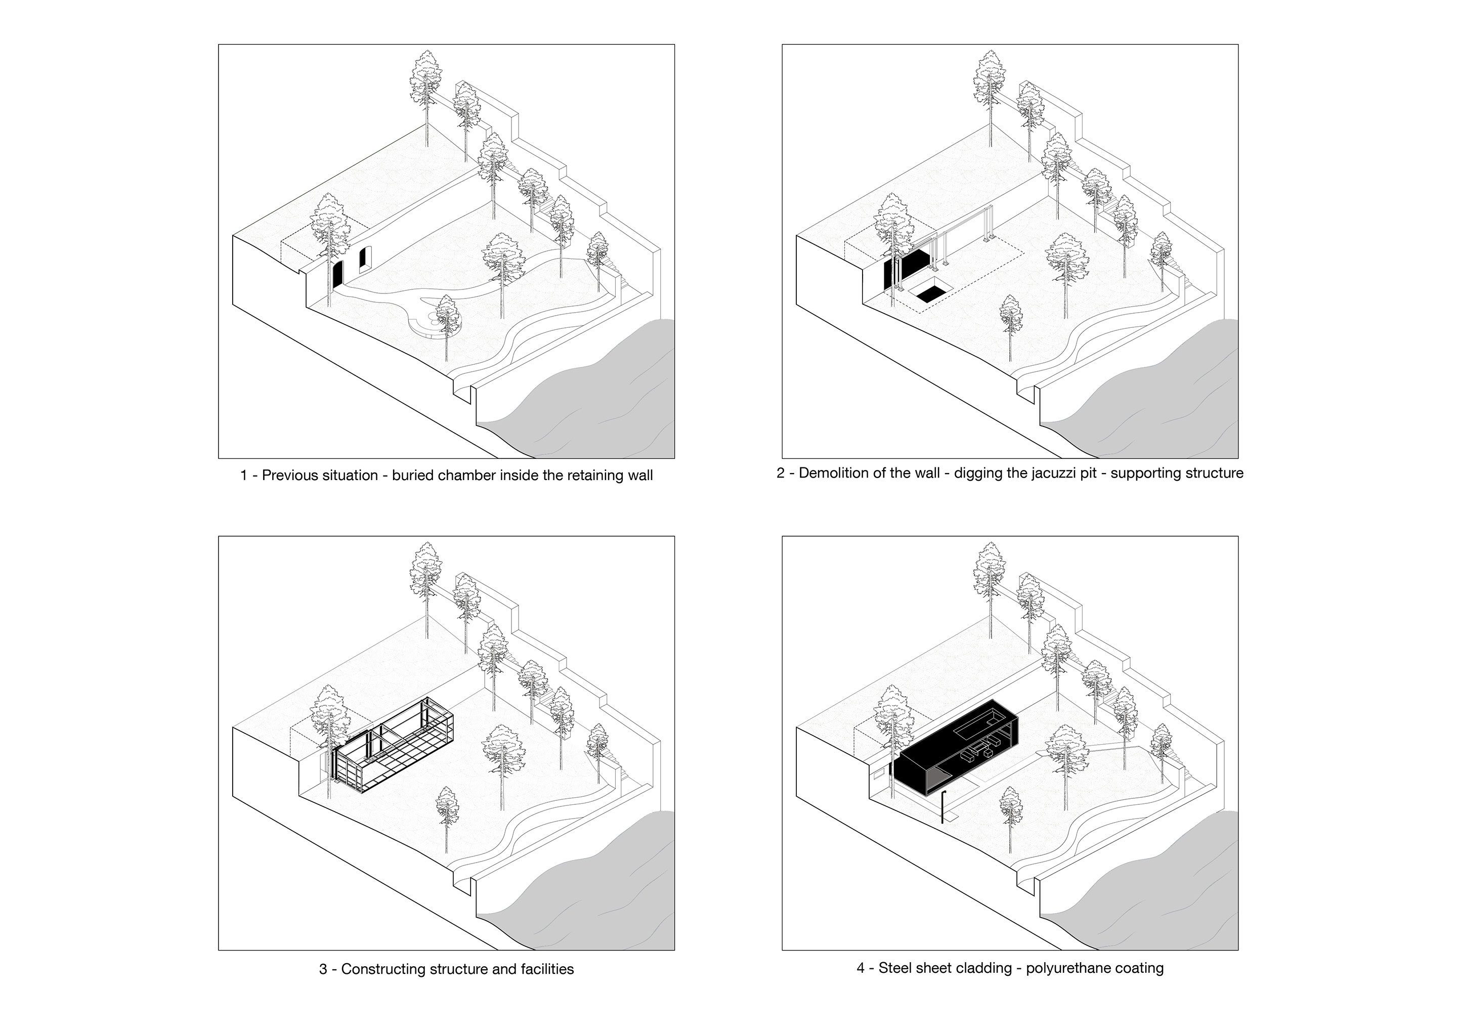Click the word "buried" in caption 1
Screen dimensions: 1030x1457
point(412,476)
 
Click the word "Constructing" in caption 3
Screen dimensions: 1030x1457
point(383,987)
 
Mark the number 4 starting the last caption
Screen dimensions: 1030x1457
point(861,985)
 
